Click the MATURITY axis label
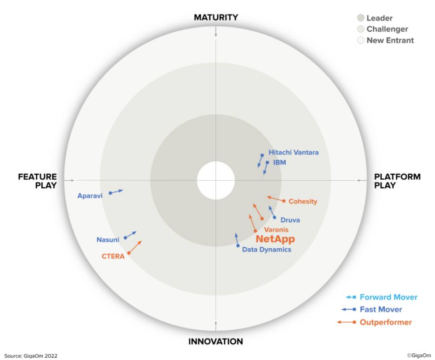coord(216,18)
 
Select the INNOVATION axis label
coord(215,341)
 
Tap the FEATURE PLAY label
coord(38,181)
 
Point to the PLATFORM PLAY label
coord(397,181)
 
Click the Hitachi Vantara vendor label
coord(294,152)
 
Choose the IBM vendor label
coord(280,163)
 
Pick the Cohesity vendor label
coord(303,201)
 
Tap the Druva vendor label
coord(290,220)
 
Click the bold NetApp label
coord(275,239)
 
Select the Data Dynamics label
coord(267,250)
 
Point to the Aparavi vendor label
coord(90,196)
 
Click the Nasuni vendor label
coord(107,239)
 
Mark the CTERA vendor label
coord(113,256)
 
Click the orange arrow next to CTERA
coord(134,247)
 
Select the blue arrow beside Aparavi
coord(116,192)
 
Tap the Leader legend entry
coord(375,18)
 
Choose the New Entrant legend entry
coord(386,40)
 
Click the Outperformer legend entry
coord(375,322)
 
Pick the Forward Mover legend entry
coord(381,297)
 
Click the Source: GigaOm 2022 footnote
coord(31,356)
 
